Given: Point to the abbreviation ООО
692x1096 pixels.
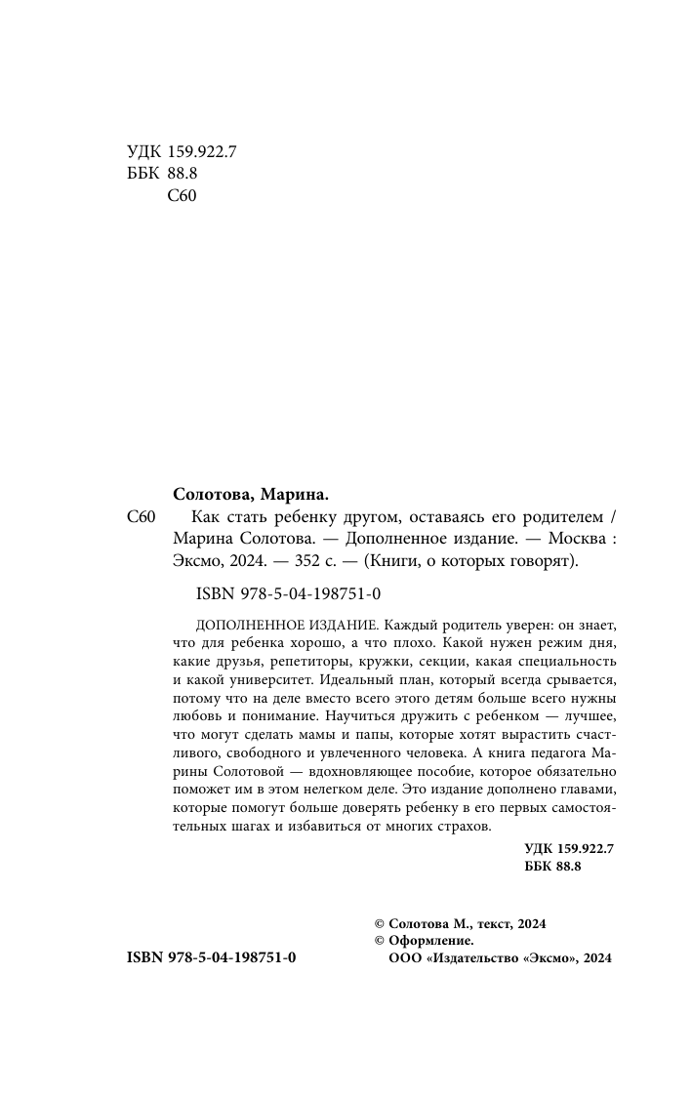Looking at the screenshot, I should (x=404, y=959).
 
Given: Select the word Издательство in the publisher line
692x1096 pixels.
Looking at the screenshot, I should (x=474, y=959).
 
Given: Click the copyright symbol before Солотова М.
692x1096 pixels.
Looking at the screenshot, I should (x=381, y=922).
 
